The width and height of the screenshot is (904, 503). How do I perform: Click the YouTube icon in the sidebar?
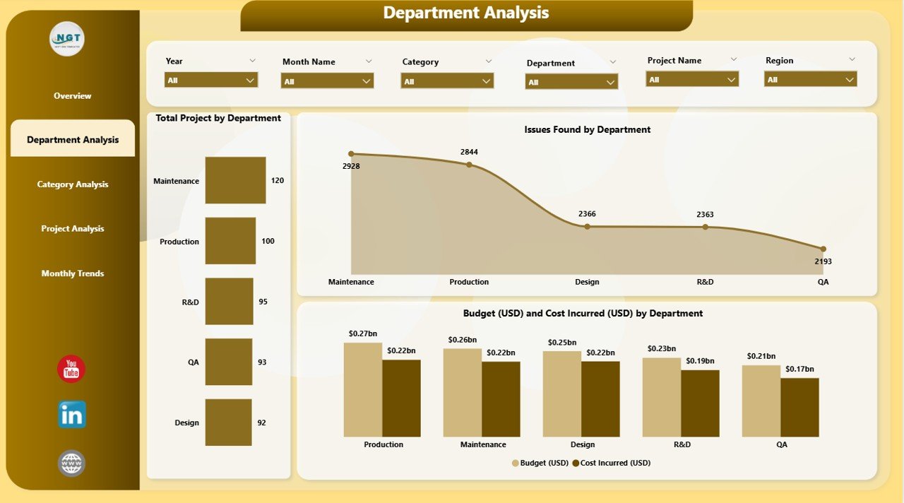pyautogui.click(x=71, y=369)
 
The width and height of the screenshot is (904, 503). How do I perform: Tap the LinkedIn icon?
pyautogui.click(x=71, y=415)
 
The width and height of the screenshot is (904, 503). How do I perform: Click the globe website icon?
pyautogui.click(x=71, y=463)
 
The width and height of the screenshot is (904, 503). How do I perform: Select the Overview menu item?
pyautogui.click(x=73, y=96)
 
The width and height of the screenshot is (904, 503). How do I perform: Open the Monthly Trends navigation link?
pyautogui.click(x=73, y=273)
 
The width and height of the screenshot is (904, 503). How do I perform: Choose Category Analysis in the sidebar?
pyautogui.click(x=73, y=184)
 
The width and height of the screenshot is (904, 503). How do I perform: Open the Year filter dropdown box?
pyautogui.click(x=211, y=81)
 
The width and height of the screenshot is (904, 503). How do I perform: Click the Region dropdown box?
pyautogui.click(x=810, y=80)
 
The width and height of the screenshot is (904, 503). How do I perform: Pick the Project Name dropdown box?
pyautogui.click(x=691, y=80)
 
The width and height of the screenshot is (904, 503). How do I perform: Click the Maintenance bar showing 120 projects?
pyautogui.click(x=235, y=180)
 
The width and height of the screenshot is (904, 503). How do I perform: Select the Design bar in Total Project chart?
pyautogui.click(x=228, y=422)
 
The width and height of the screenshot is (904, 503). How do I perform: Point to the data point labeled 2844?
pyautogui.click(x=469, y=165)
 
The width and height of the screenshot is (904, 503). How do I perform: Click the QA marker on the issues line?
pyautogui.click(x=823, y=249)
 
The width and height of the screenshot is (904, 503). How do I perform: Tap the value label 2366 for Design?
pyautogui.click(x=587, y=213)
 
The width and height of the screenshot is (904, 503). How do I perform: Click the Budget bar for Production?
pyautogui.click(x=363, y=389)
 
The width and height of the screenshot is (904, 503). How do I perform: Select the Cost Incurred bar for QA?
pyautogui.click(x=799, y=407)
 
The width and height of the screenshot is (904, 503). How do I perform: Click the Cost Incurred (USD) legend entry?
pyautogui.click(x=612, y=463)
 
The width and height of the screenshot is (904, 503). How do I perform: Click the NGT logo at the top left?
pyautogui.click(x=67, y=39)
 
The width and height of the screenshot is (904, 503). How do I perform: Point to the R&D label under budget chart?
pyautogui.click(x=682, y=444)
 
